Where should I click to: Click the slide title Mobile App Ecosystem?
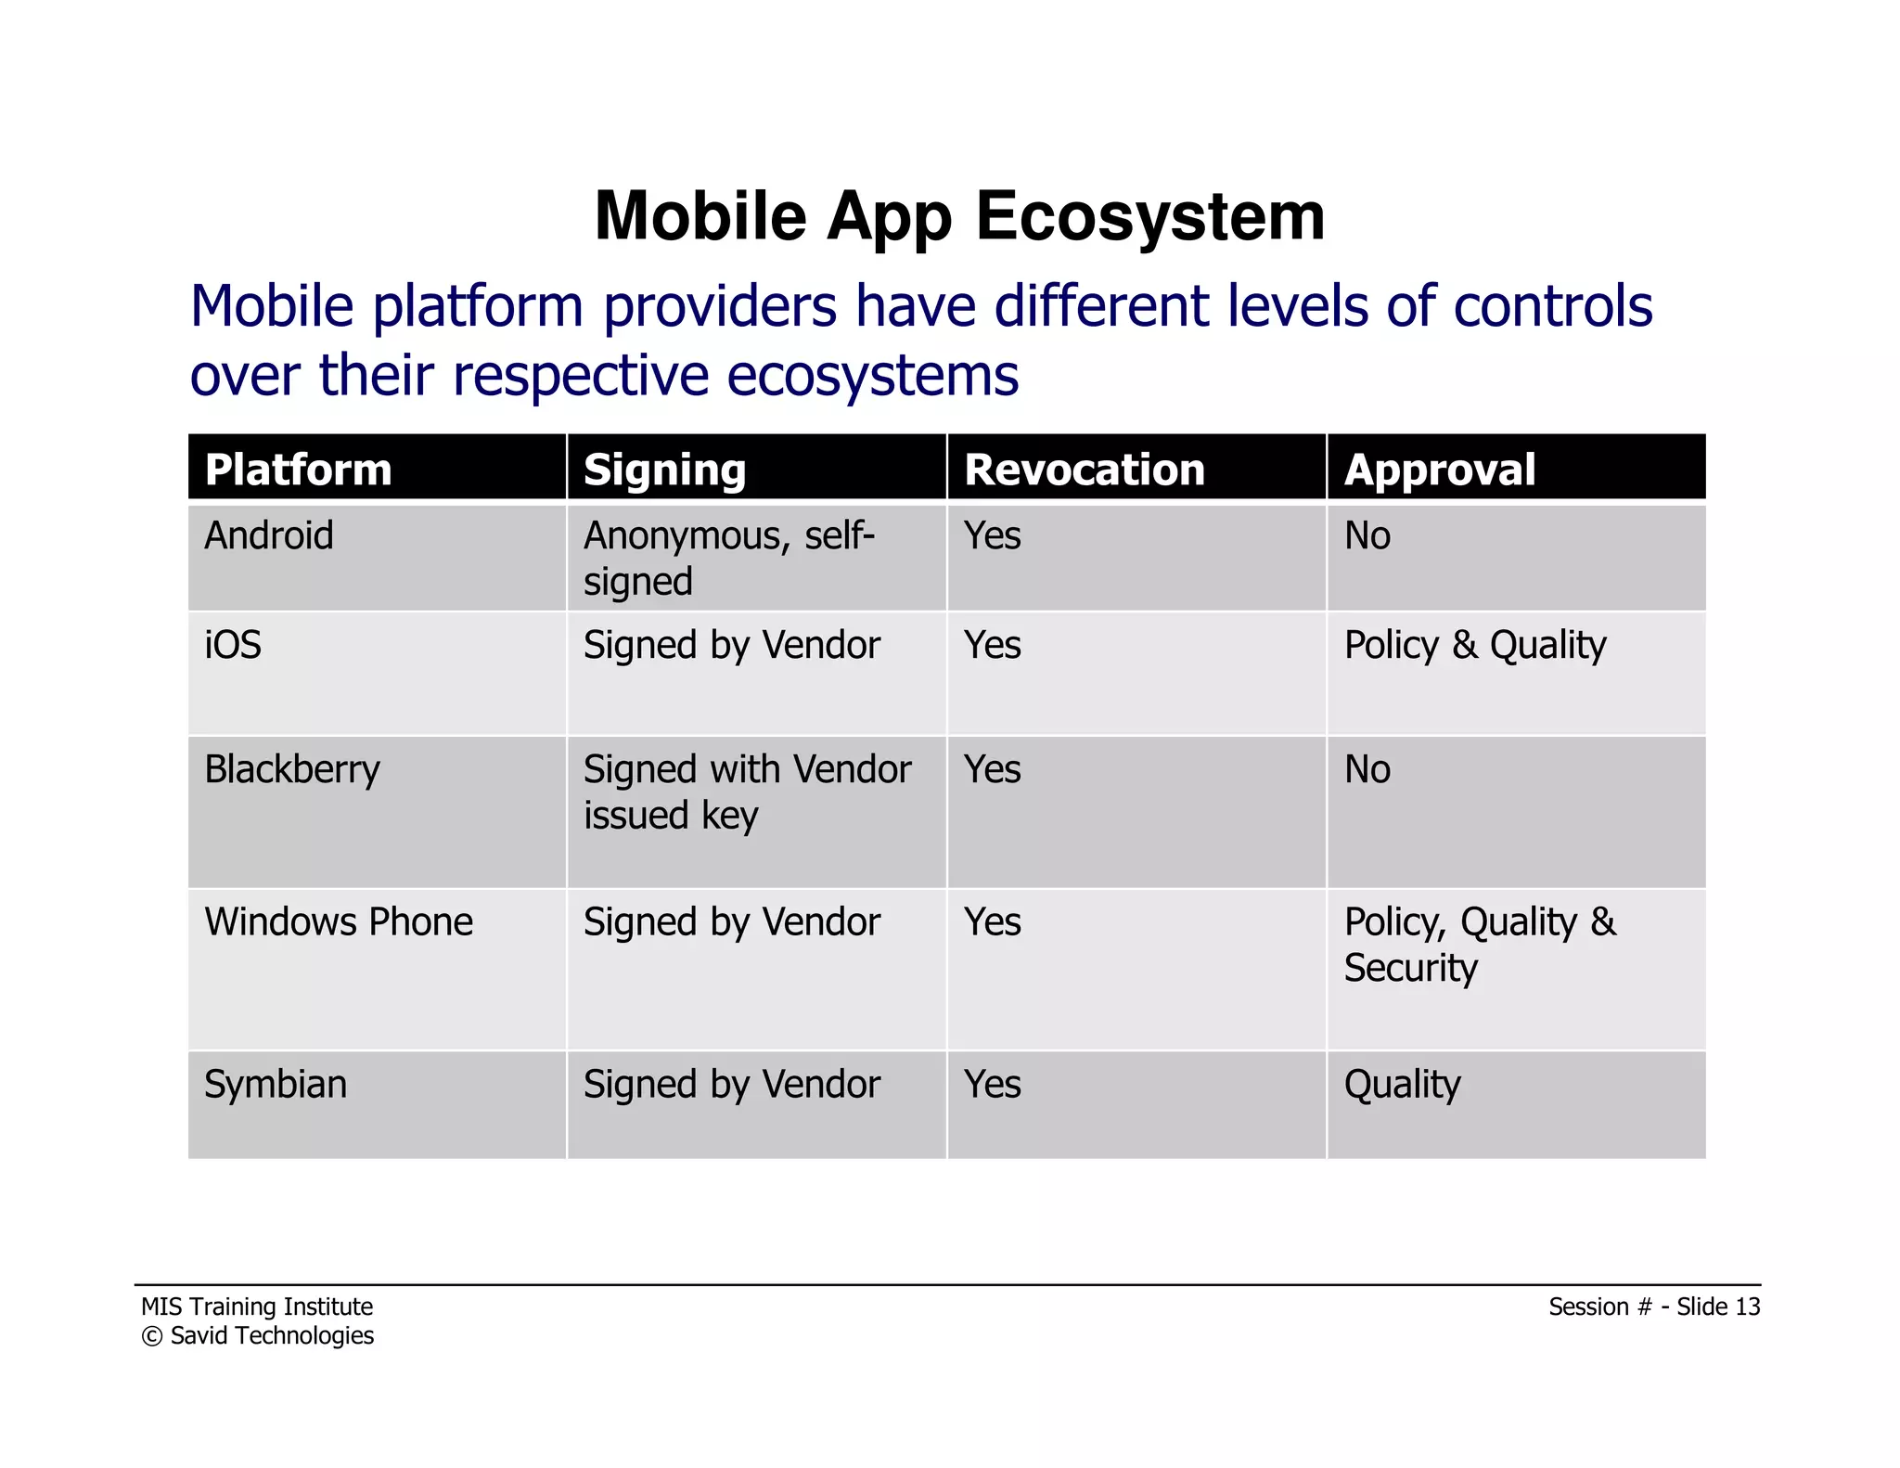(x=959, y=216)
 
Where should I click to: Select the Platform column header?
(x=298, y=470)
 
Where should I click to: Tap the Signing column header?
(x=664, y=470)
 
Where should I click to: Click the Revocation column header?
(x=1084, y=470)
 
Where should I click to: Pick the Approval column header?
(x=1439, y=470)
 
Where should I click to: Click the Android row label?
(x=269, y=535)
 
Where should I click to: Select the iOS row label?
(x=233, y=645)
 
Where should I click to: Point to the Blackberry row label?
(x=292, y=769)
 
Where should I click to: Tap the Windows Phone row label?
(x=339, y=921)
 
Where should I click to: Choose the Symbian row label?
(x=276, y=1084)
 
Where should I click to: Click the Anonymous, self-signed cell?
(x=729, y=558)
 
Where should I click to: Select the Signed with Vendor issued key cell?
(x=747, y=792)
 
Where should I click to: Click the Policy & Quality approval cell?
(x=1475, y=645)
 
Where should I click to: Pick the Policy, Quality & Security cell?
(x=1480, y=944)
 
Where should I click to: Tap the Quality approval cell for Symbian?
(x=1402, y=1084)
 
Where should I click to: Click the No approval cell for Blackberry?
(x=1367, y=769)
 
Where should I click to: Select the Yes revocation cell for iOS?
(x=992, y=645)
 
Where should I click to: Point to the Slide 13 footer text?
(x=1717, y=1307)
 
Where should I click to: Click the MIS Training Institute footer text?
(x=257, y=1307)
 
